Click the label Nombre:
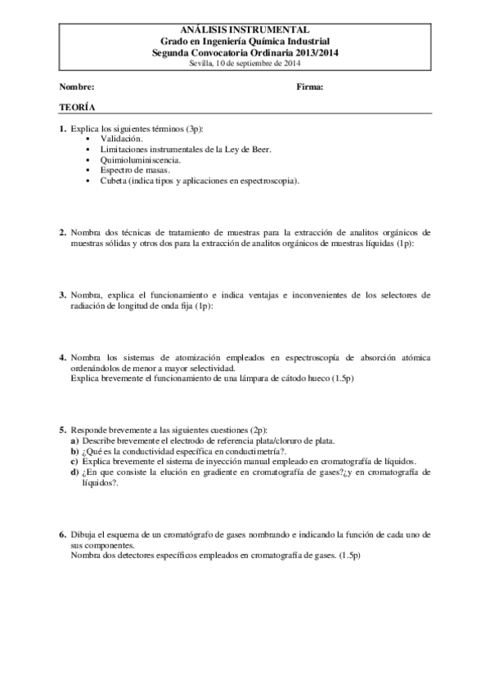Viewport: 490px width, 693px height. [77, 87]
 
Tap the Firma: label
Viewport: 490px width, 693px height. [310, 87]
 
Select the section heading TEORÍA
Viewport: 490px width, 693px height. [76, 107]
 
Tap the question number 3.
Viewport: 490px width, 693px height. [63, 295]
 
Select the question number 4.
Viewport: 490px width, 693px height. [63, 358]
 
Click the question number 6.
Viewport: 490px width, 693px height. [63, 534]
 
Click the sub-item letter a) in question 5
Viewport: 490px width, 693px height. [75, 440]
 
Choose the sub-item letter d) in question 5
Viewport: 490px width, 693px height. [75, 472]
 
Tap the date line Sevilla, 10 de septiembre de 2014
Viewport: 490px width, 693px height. [245, 61]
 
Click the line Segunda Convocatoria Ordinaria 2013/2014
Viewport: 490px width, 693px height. [245, 51]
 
